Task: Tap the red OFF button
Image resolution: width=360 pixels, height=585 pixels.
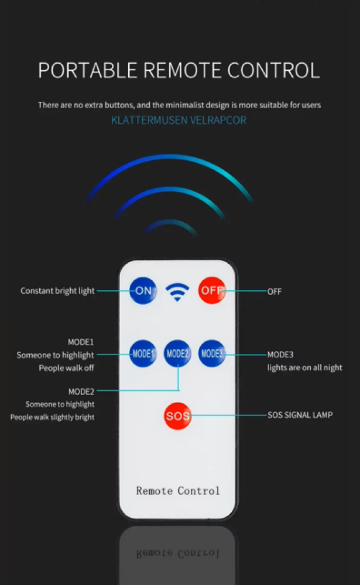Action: point(212,290)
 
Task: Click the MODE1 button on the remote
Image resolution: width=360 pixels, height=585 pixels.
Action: point(142,353)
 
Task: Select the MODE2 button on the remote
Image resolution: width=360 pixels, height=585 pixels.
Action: point(177,353)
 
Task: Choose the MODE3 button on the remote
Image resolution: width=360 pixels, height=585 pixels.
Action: point(212,353)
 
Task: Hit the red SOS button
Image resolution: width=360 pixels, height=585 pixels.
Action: point(177,416)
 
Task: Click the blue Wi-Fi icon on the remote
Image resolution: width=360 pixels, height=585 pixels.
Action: point(177,291)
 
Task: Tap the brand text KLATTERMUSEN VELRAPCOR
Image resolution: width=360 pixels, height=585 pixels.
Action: point(179,121)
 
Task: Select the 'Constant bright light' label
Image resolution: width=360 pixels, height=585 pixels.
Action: point(57,291)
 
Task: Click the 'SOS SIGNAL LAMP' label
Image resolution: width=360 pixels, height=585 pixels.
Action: point(300,415)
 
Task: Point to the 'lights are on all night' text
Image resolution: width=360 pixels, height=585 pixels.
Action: point(304,368)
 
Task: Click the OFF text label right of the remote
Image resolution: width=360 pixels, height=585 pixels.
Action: point(275,291)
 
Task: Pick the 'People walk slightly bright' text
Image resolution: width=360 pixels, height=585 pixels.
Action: point(52,417)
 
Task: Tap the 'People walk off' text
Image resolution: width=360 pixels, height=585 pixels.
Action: point(66,368)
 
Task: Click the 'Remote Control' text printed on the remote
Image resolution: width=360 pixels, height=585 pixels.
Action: point(178,490)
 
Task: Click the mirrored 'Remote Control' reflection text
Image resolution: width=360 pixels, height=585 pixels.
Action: point(178,553)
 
